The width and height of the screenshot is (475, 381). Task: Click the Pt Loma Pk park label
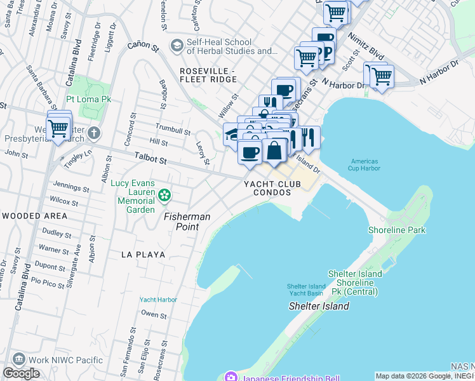(x=89, y=100)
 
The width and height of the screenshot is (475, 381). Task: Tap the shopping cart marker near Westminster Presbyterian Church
(x=59, y=129)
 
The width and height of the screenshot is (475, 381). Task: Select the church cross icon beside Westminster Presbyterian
(x=94, y=133)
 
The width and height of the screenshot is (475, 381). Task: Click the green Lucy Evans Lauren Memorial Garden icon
(x=164, y=196)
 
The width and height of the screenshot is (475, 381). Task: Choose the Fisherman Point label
(x=187, y=217)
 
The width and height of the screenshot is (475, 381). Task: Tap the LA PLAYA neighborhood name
(x=144, y=254)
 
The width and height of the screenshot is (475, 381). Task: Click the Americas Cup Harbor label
(x=365, y=164)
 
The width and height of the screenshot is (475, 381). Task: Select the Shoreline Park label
(x=398, y=230)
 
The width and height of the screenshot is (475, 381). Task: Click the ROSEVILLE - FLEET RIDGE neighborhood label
(x=208, y=75)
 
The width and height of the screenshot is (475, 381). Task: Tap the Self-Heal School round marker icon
(x=176, y=45)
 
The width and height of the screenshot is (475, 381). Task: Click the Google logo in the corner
(x=21, y=373)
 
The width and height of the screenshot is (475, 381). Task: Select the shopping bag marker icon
(x=274, y=151)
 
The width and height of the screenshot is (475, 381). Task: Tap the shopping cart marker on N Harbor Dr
(x=382, y=77)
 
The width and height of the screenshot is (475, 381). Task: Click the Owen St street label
(x=154, y=314)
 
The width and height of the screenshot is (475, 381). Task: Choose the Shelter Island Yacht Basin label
(x=307, y=290)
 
